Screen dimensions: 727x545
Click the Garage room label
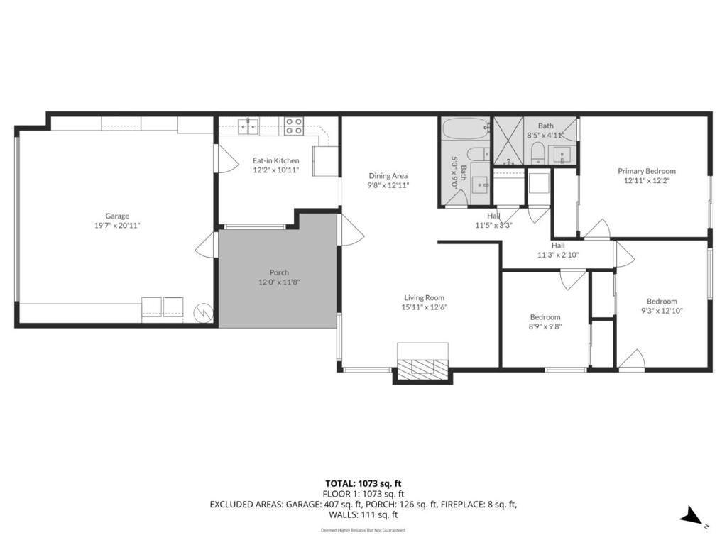pos(117,216)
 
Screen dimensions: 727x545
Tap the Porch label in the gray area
pos(279,272)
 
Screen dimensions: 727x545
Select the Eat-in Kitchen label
pos(276,160)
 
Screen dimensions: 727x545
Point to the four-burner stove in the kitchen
pos(294,126)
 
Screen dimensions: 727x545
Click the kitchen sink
pos(248,126)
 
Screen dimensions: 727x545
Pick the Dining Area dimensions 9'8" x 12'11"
pos(388,185)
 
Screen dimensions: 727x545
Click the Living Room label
pos(425,298)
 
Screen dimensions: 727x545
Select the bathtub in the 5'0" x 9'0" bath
pos(466,128)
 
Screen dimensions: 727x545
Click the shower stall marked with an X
pos(508,141)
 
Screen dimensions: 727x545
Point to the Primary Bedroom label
pos(647,171)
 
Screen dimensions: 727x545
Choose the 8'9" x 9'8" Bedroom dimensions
pos(545,326)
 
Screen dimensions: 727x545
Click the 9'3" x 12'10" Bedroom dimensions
pos(662,311)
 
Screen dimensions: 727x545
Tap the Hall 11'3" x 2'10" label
pos(558,250)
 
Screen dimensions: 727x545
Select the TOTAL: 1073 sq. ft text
pos(363,484)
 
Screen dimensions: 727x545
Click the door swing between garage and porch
pos(207,244)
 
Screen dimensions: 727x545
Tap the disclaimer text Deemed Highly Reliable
pos(363,530)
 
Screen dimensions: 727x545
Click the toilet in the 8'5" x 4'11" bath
pos(537,153)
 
